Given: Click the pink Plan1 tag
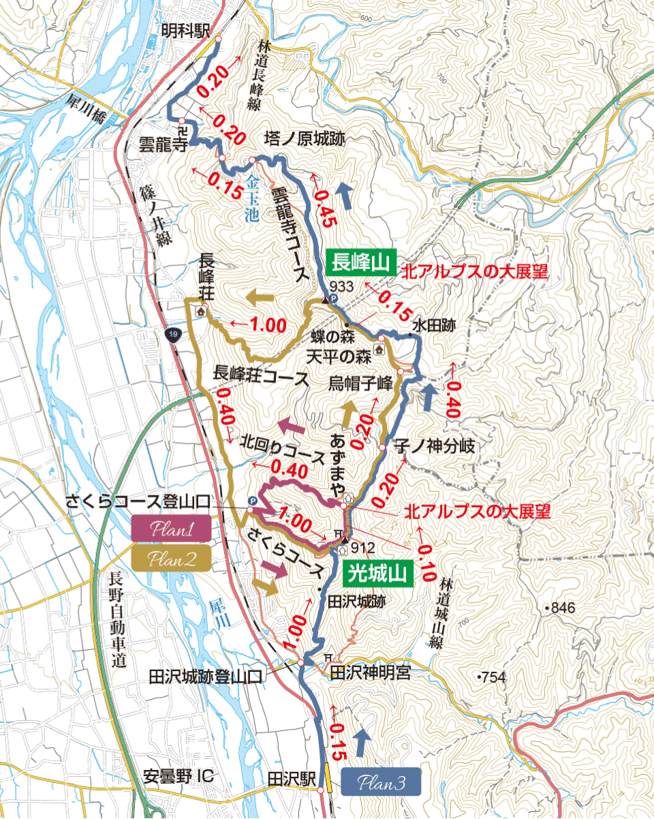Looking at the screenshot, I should point(172,529).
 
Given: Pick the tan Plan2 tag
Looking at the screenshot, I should point(172,559).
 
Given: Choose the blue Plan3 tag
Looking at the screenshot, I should point(381,782).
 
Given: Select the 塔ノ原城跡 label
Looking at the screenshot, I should point(304,139).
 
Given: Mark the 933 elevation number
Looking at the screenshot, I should point(341,286).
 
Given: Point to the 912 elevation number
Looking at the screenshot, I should point(364,547).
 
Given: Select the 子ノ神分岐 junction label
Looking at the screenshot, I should point(433,447).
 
